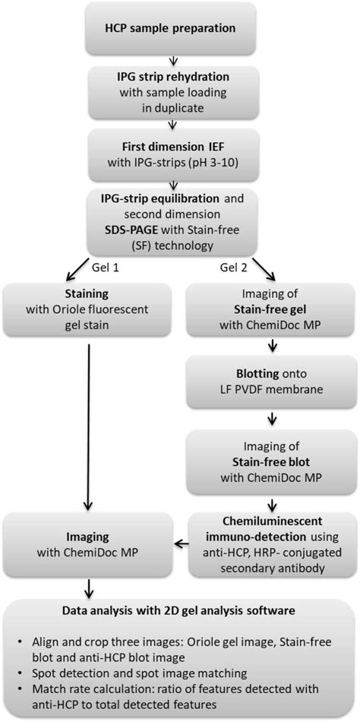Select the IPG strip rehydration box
pyautogui.click(x=180, y=93)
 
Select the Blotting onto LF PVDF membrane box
pyautogui.click(x=270, y=384)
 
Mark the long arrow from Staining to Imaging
pyautogui.click(x=90, y=422)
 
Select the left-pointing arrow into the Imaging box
pyautogui.click(x=183, y=542)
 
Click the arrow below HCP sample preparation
pyautogui.click(x=180, y=60)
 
